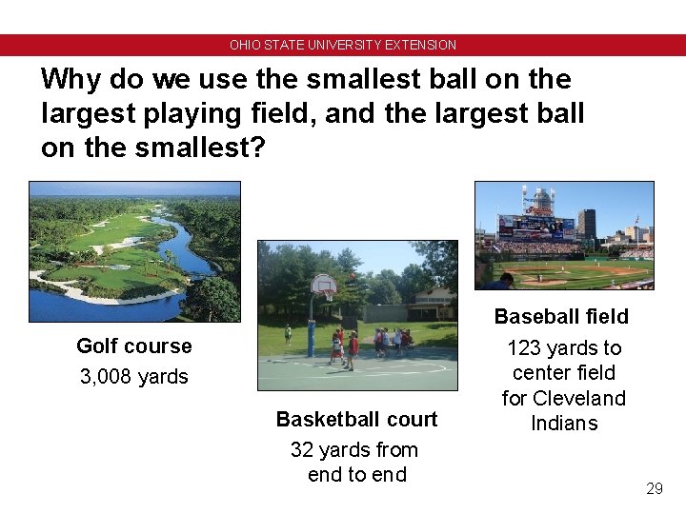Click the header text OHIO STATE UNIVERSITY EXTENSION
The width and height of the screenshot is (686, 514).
pos(343,45)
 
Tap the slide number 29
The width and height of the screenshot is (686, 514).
pos(654,488)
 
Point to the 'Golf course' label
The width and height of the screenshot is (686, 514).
pos(133,346)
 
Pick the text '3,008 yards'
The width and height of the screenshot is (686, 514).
pos(133,377)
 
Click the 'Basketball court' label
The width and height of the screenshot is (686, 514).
pos(356,420)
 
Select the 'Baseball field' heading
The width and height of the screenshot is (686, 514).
pos(561,316)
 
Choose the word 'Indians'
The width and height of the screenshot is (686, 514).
pos(563,423)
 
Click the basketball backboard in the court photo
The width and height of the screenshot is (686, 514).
pos(323,283)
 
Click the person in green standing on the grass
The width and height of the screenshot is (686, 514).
pos(288,335)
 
